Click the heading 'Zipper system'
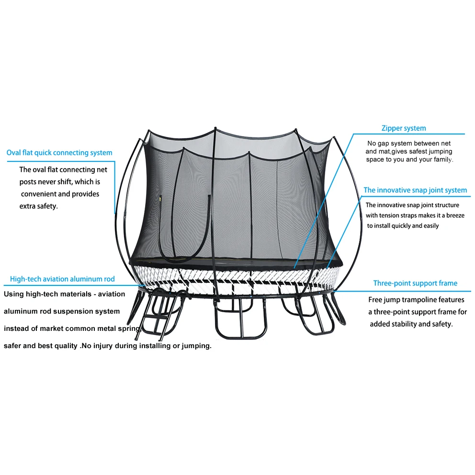[x=403, y=128]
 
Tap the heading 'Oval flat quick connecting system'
[x=59, y=153]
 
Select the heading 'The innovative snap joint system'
[x=415, y=190]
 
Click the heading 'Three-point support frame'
[x=415, y=283]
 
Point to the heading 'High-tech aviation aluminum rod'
[x=62, y=279]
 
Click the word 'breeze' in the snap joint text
[x=455, y=215]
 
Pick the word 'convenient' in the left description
[x=39, y=194]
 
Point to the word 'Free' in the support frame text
[x=376, y=300]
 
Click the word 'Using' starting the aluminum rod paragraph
[x=13, y=294]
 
